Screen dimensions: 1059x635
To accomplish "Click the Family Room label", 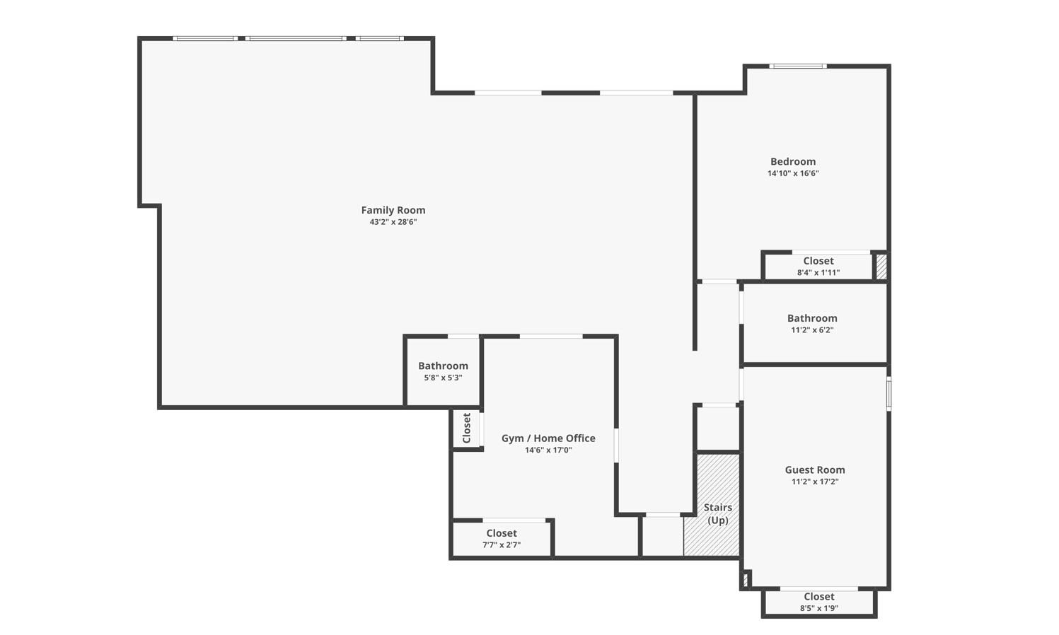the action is [x=393, y=210].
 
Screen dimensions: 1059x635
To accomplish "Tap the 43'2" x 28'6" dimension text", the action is [x=393, y=222].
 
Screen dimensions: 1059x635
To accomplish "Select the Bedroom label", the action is [x=793, y=162].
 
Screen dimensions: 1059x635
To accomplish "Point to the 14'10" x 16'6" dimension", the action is [x=793, y=173].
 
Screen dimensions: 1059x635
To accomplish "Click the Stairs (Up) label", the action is [x=717, y=513].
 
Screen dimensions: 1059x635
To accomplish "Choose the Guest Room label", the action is [x=815, y=470].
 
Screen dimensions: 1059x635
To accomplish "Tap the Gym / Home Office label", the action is [x=548, y=438].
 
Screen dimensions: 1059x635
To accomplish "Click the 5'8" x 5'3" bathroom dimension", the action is [x=443, y=378].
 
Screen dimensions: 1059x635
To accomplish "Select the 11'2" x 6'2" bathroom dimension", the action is [x=812, y=330].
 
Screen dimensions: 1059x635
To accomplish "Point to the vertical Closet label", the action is [x=467, y=428].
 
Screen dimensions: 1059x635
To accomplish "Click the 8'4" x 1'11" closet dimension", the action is [x=818, y=273].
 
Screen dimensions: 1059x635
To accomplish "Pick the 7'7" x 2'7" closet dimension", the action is [x=501, y=544].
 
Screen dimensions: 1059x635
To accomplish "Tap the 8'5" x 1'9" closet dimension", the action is [x=819, y=609].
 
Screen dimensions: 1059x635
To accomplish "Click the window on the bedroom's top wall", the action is [x=798, y=66].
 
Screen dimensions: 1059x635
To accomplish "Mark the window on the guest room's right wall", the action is [x=889, y=393].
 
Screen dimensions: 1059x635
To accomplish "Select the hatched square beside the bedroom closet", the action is [x=881, y=267].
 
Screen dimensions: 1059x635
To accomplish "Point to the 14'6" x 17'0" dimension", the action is [x=548, y=450].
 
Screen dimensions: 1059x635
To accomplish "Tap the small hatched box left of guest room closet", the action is [x=745, y=579].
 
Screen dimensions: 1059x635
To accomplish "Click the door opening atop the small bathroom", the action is [x=463, y=337].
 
